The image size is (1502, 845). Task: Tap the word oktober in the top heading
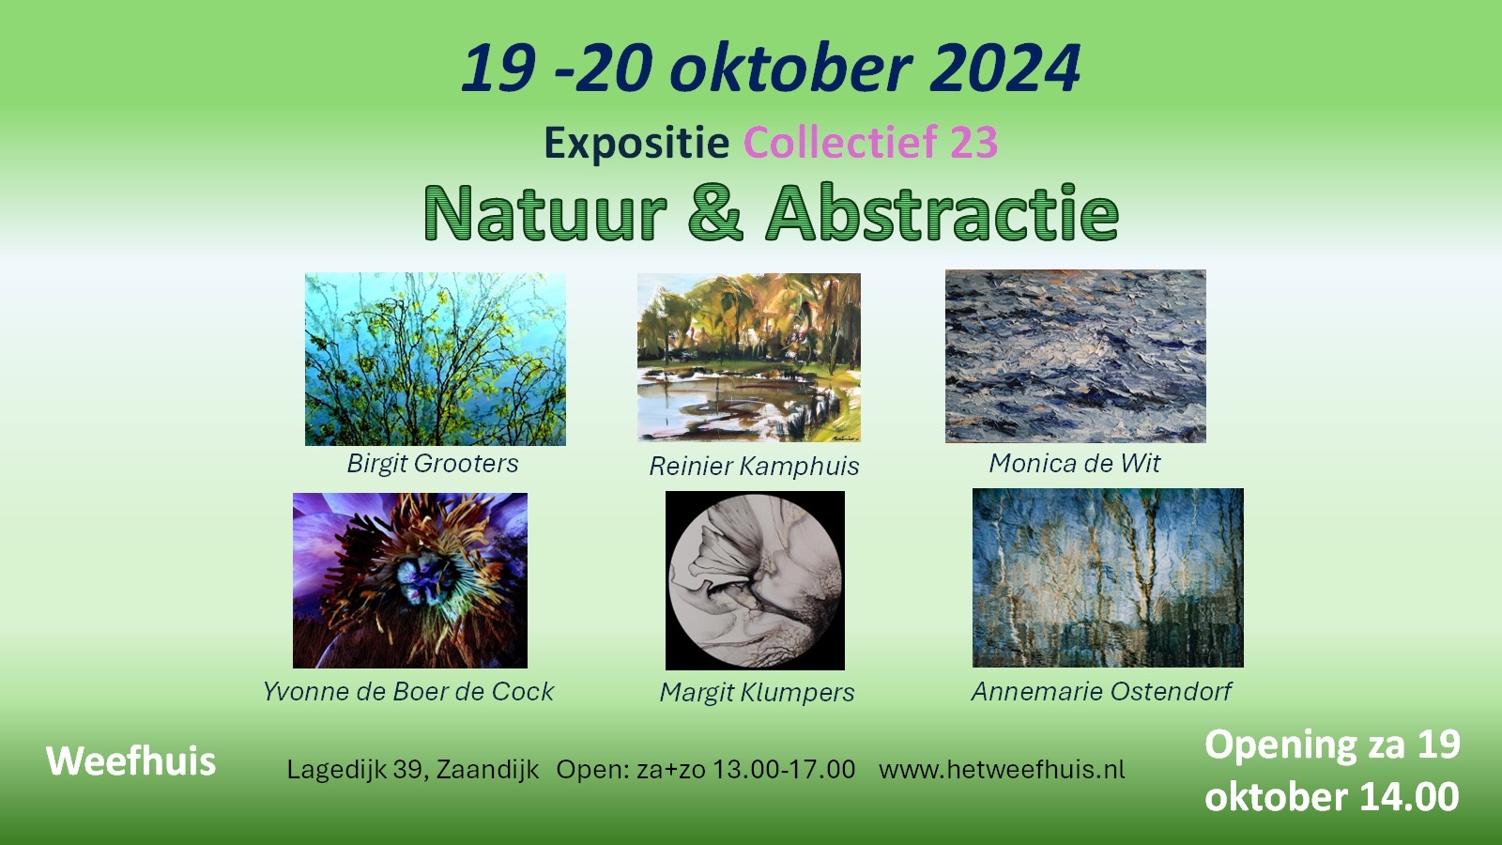tap(789, 69)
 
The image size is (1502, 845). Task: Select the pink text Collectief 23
tap(870, 143)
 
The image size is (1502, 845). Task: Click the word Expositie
tap(636, 144)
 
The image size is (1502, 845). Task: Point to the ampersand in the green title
tap(715, 213)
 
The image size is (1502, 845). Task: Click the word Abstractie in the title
tap(943, 213)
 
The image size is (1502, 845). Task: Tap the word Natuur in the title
tap(544, 213)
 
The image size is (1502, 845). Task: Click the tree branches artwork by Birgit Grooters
tap(435, 359)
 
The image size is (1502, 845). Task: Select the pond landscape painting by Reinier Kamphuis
tap(748, 357)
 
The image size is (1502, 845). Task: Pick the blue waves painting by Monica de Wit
tap(1075, 356)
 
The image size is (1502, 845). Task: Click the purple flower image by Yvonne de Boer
tap(409, 580)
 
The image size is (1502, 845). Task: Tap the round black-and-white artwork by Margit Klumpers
tap(755, 580)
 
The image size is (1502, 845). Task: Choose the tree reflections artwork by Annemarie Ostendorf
tap(1108, 577)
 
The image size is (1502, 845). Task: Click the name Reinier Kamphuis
tap(754, 467)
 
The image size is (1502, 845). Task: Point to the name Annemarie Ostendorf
tap(1101, 692)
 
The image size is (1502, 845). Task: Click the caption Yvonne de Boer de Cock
tap(408, 692)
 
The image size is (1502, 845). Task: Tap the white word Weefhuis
tap(130, 761)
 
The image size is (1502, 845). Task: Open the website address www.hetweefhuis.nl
tap(1002, 770)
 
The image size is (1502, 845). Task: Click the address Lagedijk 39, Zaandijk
tap(413, 770)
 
